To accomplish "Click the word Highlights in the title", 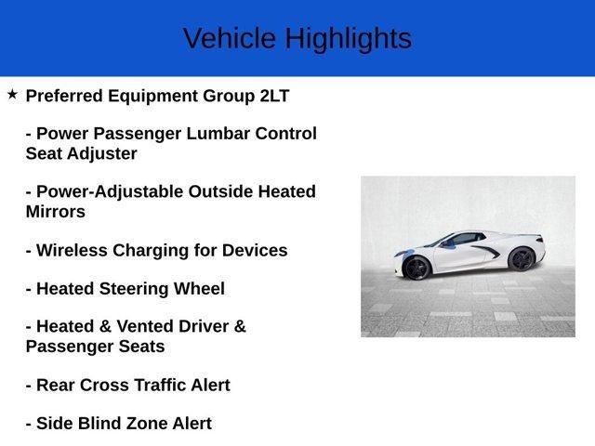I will coord(348,38).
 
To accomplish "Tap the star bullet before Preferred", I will coord(12,94).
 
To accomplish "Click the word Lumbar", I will coord(219,134).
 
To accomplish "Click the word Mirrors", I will coord(55,211).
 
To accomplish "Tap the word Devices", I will coord(254,250).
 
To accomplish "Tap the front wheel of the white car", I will coord(416,267).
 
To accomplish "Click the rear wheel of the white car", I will coord(522,259).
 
